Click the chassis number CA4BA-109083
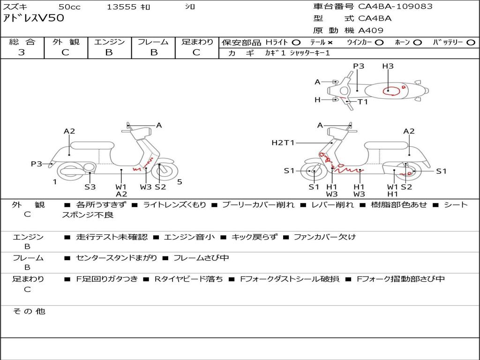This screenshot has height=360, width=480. point(395,6)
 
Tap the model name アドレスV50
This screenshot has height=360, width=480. point(33,18)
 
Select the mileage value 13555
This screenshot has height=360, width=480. point(121,7)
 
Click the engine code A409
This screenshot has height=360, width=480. point(370,30)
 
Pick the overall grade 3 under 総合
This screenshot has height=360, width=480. point(22,52)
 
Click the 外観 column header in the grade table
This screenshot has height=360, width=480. point(66,42)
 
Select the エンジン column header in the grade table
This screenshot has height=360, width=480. point(109,42)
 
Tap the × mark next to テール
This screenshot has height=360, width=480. point(330,43)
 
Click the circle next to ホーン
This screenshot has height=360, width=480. point(417,43)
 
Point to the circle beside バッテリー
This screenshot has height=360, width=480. point(471,43)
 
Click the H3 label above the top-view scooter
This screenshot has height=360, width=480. point(388,66)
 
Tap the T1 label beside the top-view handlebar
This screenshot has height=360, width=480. point(363,102)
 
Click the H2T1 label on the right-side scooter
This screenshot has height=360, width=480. point(283,142)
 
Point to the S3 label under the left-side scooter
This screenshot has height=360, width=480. point(90,187)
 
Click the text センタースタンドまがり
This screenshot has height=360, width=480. point(117,258)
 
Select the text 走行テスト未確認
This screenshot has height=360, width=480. point(112,237)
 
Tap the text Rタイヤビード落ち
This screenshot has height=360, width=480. point(188,279)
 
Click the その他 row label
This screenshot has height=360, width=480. point(29,311)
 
